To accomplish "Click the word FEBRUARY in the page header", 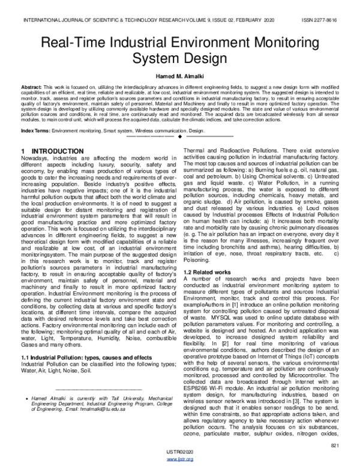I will [x=233, y=20].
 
